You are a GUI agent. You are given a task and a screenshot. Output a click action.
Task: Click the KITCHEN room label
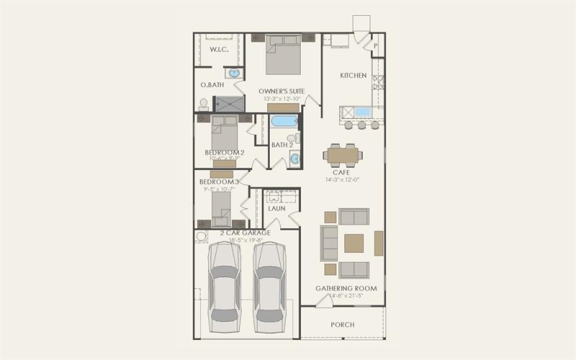354,76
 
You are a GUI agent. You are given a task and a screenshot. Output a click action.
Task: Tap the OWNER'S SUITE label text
282,91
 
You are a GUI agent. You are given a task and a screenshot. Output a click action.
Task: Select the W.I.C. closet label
219,50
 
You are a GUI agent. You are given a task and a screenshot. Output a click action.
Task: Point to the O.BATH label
212,86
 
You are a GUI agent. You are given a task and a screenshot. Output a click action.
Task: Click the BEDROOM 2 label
225,153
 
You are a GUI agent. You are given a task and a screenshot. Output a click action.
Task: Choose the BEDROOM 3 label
217,182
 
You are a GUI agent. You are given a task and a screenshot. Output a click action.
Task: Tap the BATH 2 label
282,145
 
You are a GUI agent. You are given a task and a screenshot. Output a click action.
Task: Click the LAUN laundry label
277,209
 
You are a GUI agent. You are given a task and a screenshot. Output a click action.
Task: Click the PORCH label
343,325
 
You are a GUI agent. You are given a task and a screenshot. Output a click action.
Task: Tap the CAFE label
342,172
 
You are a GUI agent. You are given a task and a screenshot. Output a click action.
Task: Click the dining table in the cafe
343,154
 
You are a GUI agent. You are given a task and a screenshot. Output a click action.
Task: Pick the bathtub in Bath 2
284,120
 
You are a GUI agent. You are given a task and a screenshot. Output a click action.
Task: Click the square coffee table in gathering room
354,243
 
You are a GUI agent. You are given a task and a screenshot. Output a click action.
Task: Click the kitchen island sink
361,112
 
